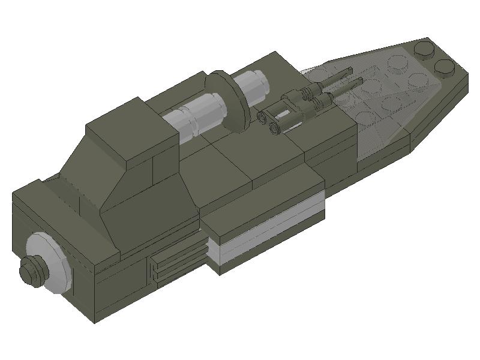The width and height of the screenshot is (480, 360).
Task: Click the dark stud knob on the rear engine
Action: pos(30,271)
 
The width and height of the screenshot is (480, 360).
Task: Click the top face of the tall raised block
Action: pos(129,129)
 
